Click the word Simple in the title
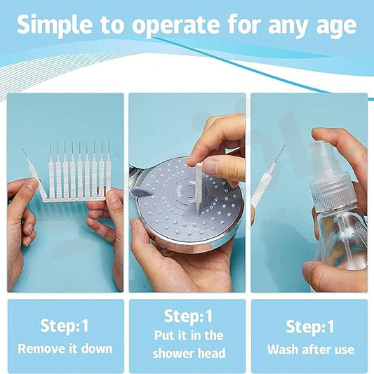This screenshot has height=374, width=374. coord(55,25)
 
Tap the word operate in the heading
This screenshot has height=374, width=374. coord(175,25)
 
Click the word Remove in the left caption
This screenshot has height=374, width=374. coord(41,349)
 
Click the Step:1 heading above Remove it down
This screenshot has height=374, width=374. coord(65,326)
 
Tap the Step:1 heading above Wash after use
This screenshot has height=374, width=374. coord(310,326)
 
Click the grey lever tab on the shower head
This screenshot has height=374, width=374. coord(142,192)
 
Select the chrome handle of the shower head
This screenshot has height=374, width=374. coord(137,173)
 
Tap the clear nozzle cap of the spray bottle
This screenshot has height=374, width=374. coord(321,156)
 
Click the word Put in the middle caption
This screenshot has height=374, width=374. coord(165,335)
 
